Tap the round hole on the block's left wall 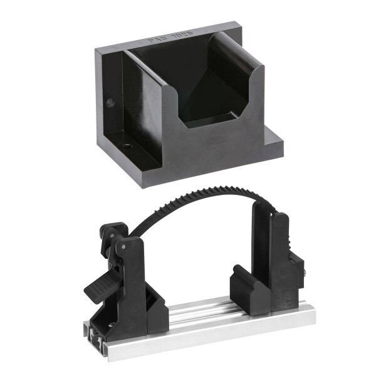pyautogui.click(x=113, y=100)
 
